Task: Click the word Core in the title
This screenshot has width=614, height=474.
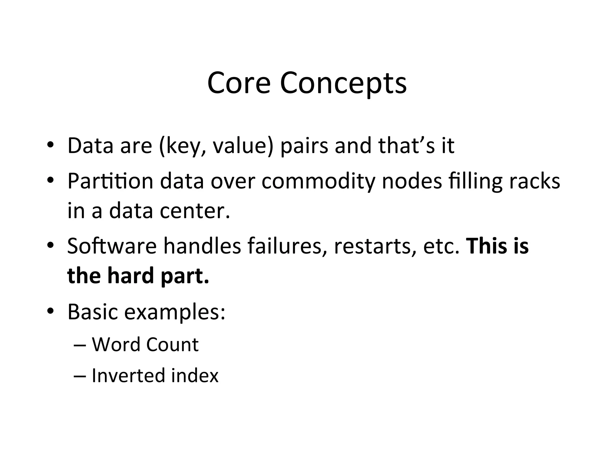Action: pos(239,83)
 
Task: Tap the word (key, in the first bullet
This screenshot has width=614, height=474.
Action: pos(183,146)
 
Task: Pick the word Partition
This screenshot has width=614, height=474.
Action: pos(110,181)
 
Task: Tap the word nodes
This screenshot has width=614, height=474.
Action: pos(412,181)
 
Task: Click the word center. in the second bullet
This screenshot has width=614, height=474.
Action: pos(195,211)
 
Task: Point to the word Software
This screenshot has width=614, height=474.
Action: pos(112,246)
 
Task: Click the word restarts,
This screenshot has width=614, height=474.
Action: pos(375,247)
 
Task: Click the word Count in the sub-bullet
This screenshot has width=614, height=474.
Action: pos(172,345)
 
